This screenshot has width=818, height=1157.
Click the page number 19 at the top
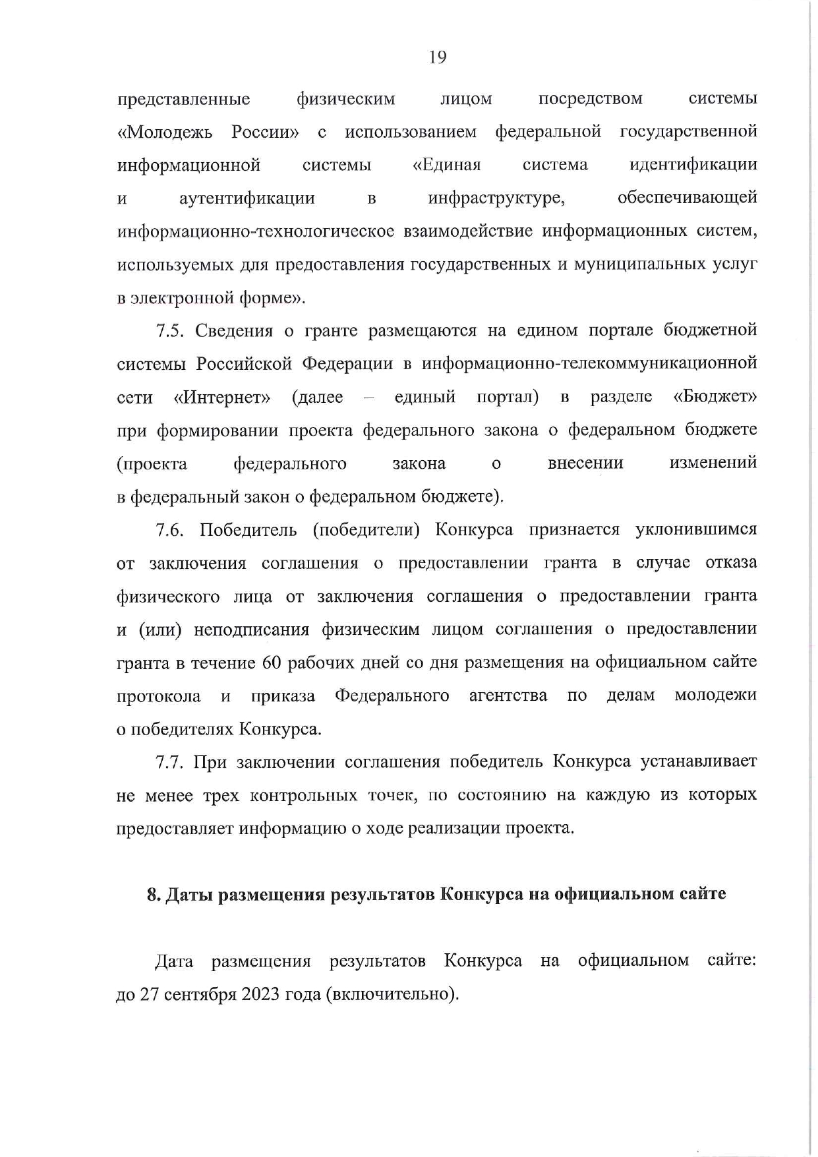coord(438,58)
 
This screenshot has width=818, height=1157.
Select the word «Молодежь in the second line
coord(164,133)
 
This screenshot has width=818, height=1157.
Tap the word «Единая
coord(446,165)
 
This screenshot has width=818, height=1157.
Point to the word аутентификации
coord(247,198)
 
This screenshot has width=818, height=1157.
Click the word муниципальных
coord(633,264)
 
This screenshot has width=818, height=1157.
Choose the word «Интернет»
coord(222,398)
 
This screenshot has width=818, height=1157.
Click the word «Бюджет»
coord(715,397)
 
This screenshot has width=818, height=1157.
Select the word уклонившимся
coord(696,530)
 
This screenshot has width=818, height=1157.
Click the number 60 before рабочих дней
coord(272,663)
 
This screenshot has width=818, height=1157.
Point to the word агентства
coord(508,696)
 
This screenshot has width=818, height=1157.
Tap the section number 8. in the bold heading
coord(153,895)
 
